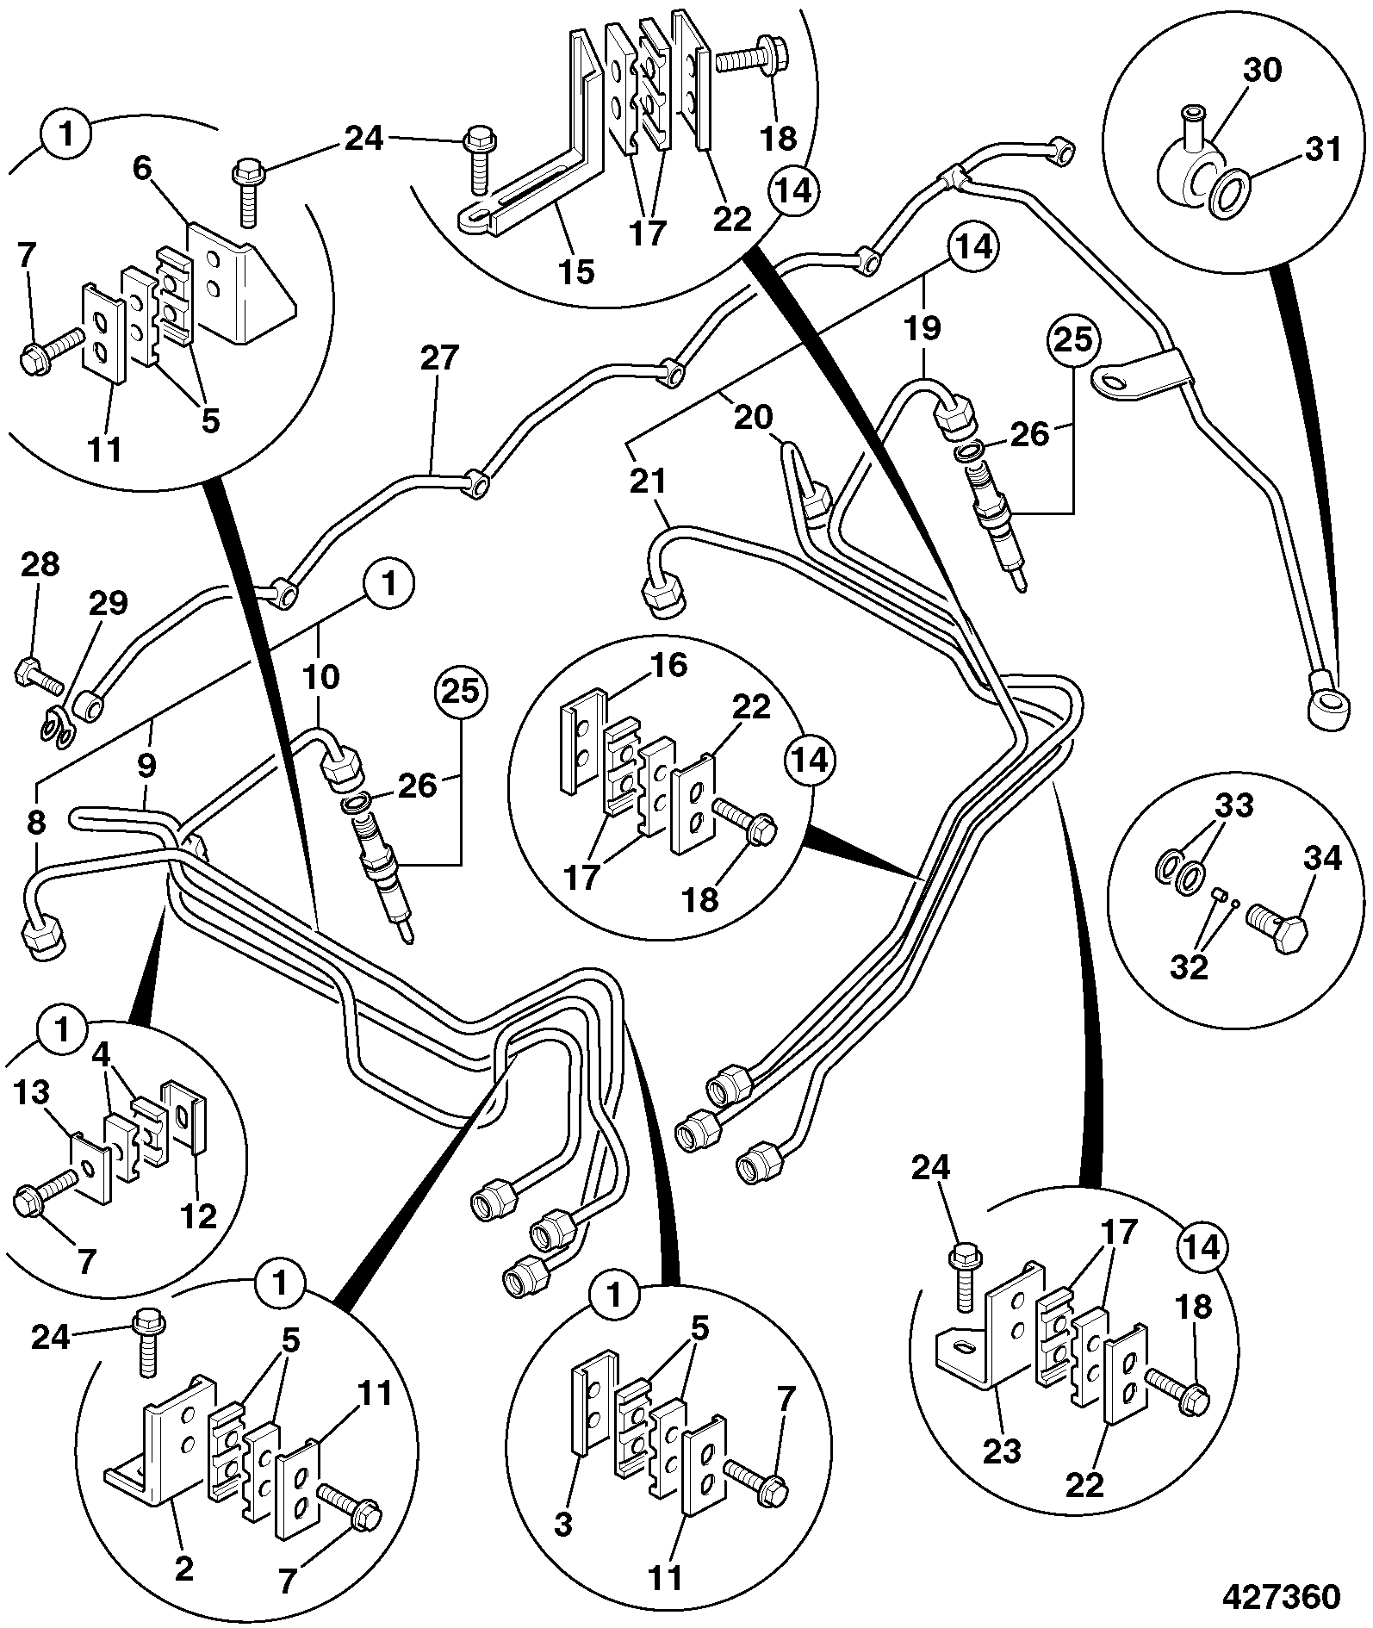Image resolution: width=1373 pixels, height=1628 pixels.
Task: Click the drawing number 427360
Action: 1281,1595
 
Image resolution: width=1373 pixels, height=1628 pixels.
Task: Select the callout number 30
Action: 1263,70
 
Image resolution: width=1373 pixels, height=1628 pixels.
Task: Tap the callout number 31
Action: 1323,150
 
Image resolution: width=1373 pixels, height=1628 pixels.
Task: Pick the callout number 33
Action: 1233,807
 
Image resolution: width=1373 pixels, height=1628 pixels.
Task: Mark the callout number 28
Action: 40,564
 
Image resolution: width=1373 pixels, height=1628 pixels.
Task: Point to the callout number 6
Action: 141,168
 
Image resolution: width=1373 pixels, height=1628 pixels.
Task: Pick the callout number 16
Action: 670,665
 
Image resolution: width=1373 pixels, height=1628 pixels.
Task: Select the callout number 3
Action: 562,1524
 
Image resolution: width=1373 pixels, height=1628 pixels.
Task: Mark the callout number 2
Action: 184,1569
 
